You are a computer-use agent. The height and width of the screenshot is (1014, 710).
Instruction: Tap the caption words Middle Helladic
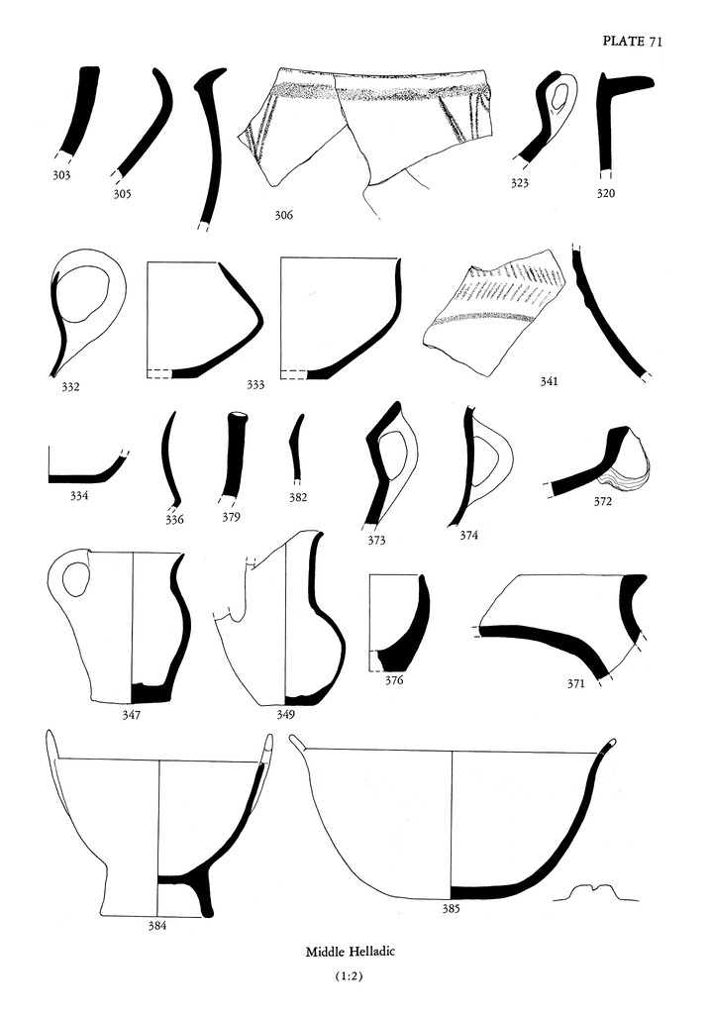[355, 952]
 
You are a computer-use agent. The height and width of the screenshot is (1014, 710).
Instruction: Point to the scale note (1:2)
[355, 977]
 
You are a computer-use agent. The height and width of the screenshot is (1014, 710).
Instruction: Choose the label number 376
[394, 680]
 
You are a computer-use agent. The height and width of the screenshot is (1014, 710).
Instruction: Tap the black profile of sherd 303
[79, 109]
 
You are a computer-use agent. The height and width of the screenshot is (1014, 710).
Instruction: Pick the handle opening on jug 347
[71, 578]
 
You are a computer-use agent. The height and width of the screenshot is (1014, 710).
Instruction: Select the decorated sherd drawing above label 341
[490, 307]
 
